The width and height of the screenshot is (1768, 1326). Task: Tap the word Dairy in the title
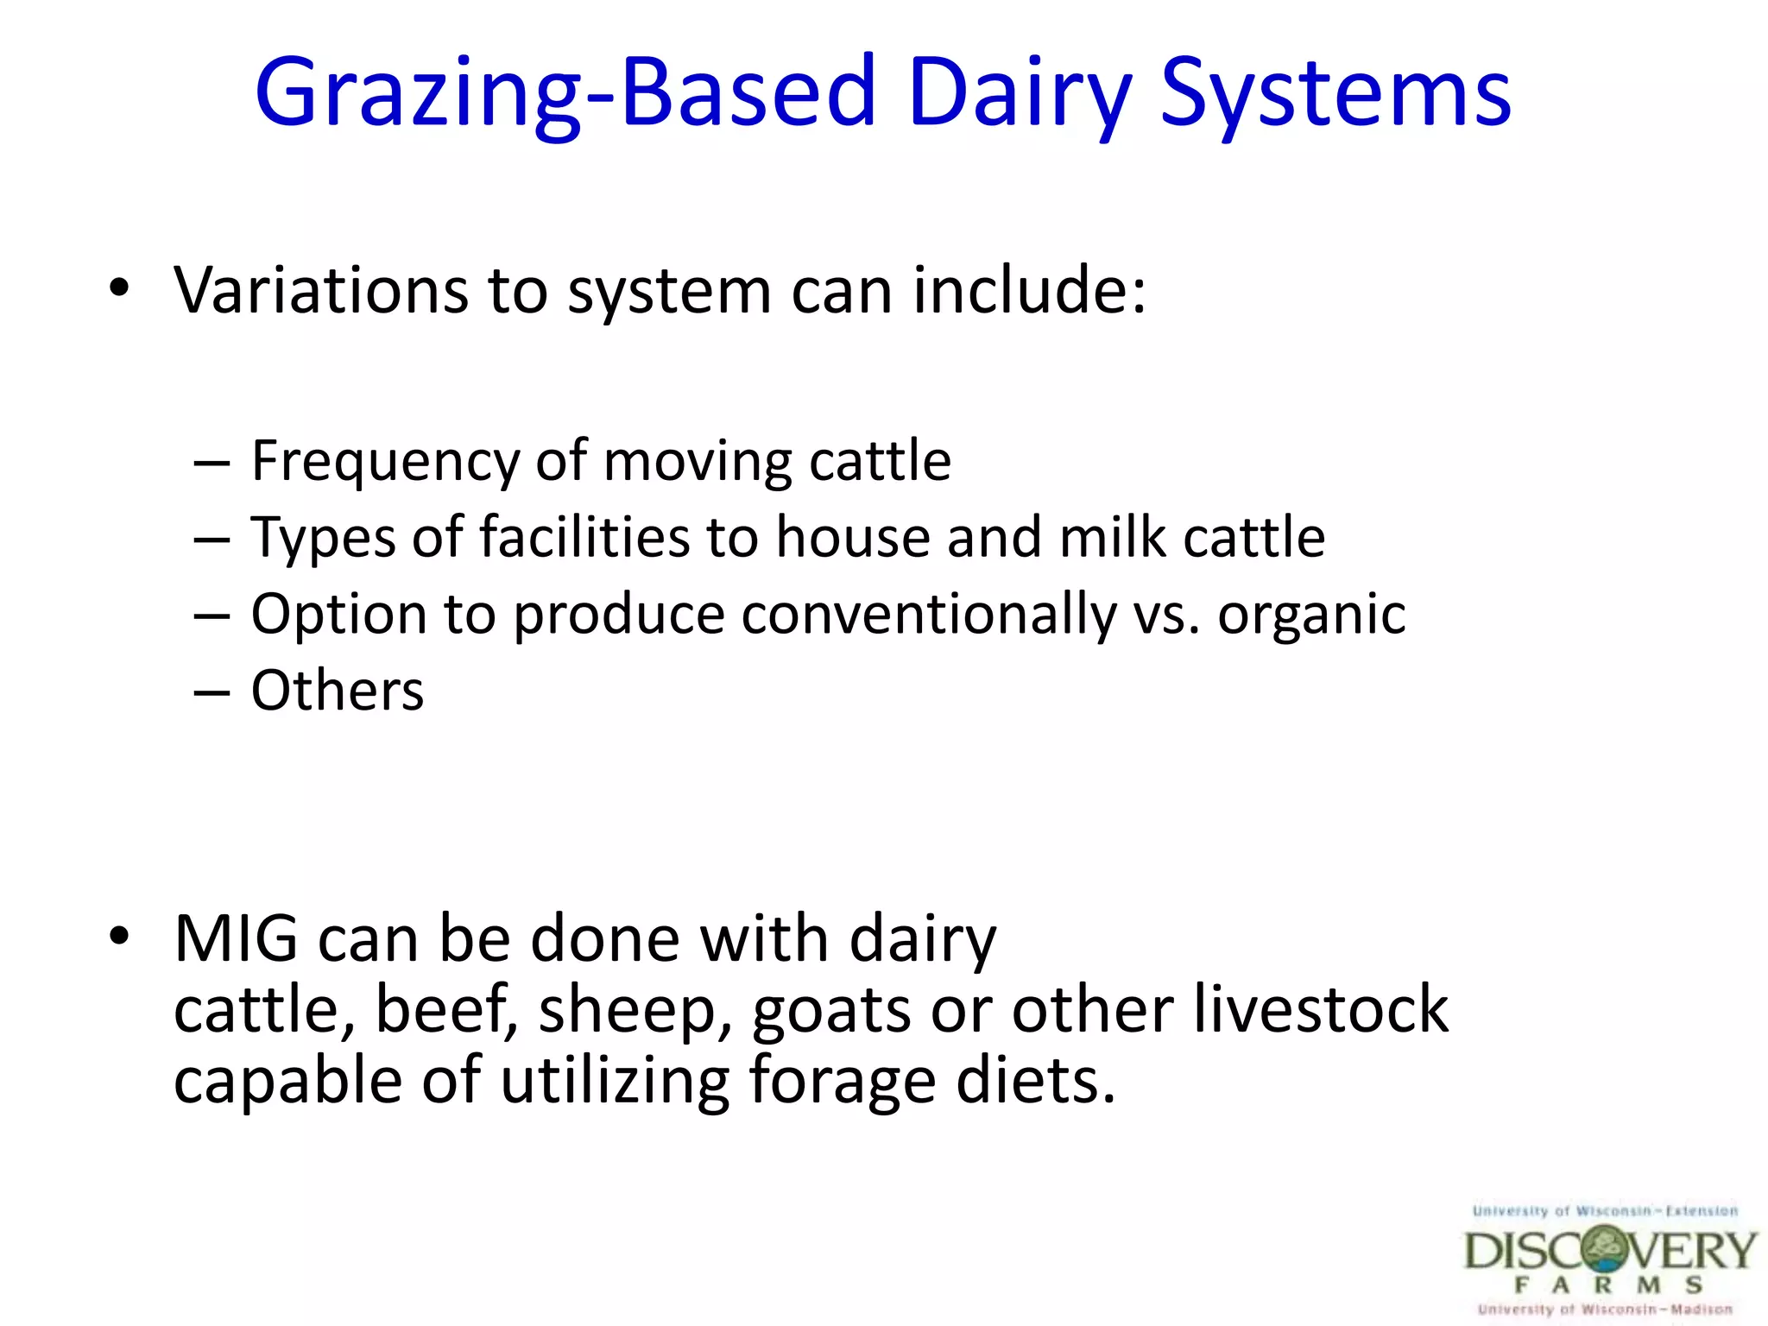1019,93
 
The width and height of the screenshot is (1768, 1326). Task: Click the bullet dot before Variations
120,287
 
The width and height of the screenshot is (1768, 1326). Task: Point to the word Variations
320,290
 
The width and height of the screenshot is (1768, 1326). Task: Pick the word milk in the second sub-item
1113,537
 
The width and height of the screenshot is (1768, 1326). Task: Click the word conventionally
929,616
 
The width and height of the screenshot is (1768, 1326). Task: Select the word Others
338,691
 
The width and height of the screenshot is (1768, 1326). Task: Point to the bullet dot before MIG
120,936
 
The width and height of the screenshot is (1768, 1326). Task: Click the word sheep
635,1010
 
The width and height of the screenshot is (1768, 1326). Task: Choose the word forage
842,1082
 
